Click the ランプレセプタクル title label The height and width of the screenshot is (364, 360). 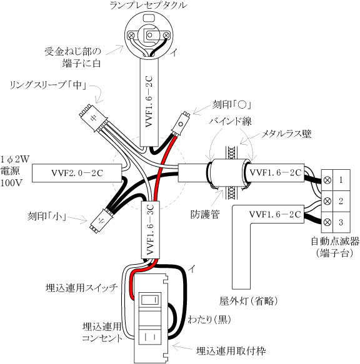pyautogui.click(x=148, y=5)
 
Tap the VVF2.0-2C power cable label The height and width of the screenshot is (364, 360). pyautogui.click(x=77, y=173)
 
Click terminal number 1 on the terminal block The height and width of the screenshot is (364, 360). pyautogui.click(x=341, y=180)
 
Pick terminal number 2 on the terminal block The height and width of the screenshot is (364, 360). pyautogui.click(x=341, y=201)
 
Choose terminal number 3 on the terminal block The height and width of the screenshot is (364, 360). pyautogui.click(x=341, y=222)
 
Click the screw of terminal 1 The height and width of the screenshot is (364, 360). pyautogui.click(x=327, y=180)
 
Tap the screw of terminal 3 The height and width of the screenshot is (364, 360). pyautogui.click(x=327, y=222)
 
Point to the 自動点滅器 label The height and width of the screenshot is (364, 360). pyautogui.click(x=335, y=242)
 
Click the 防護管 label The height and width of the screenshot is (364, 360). pyautogui.click(x=205, y=214)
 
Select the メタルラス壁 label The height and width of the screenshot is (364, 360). pyautogui.click(x=286, y=134)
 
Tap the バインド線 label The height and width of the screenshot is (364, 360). pyautogui.click(x=230, y=121)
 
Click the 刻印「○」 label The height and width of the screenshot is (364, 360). pyautogui.click(x=232, y=105)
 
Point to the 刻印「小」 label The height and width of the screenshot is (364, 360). pyautogui.click(x=47, y=217)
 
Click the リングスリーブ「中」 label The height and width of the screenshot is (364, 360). pyautogui.click(x=48, y=85)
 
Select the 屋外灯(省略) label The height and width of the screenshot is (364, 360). pyautogui.click(x=249, y=301)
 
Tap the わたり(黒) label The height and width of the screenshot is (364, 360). pyautogui.click(x=209, y=320)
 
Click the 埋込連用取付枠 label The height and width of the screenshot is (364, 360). pyautogui.click(x=231, y=351)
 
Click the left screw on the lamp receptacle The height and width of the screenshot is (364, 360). pyautogui.click(x=131, y=36)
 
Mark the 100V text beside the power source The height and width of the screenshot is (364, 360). pyautogui.click(x=11, y=183)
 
